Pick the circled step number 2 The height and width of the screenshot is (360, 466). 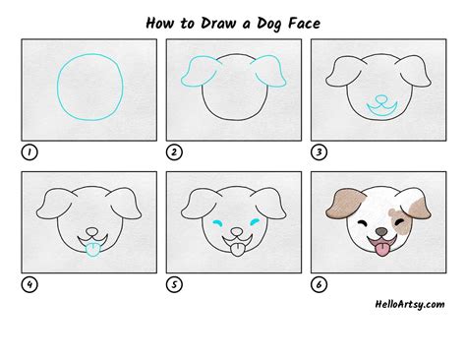pyautogui.click(x=173, y=151)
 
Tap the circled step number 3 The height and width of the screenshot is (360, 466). pyautogui.click(x=319, y=151)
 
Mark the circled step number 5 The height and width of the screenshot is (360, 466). pyautogui.click(x=173, y=286)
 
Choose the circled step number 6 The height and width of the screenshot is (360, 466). pyautogui.click(x=319, y=286)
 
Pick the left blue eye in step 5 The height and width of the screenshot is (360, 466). pyautogui.click(x=216, y=225)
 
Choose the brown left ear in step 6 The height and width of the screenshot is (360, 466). pyautogui.click(x=339, y=205)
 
